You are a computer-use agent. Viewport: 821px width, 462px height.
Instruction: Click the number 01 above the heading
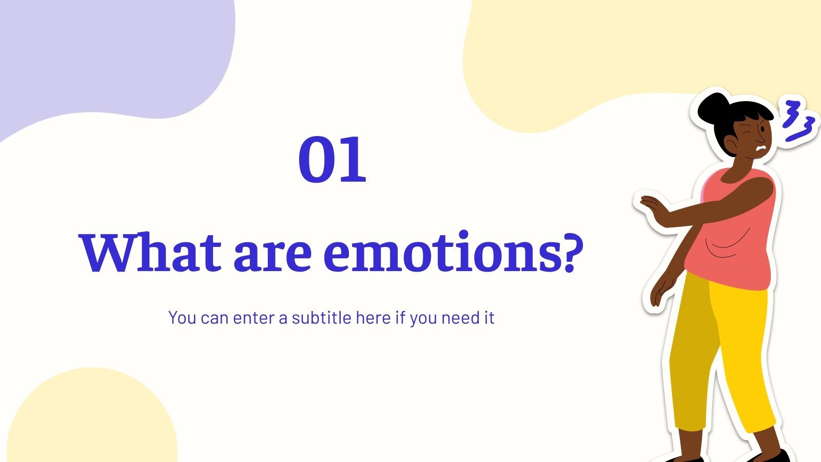(333, 160)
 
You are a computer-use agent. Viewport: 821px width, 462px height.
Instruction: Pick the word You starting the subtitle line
(182, 318)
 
